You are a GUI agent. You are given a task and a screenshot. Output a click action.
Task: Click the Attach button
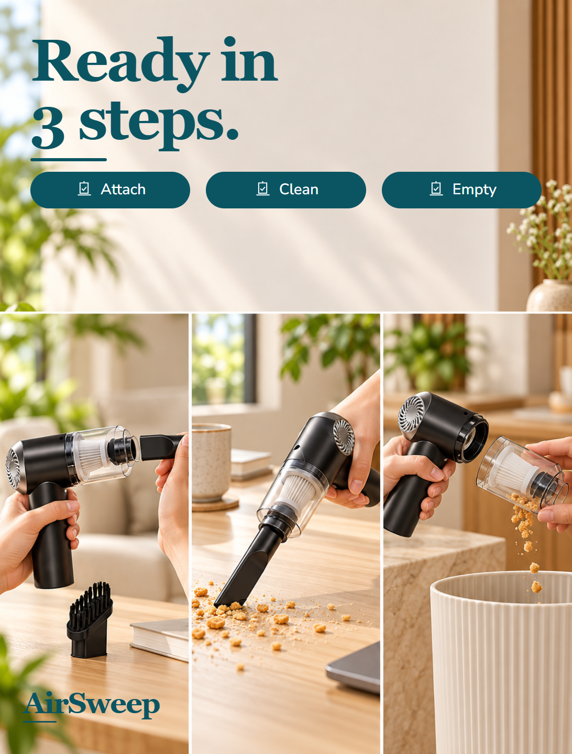click(x=110, y=190)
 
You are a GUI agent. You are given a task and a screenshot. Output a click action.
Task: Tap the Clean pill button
click(x=286, y=190)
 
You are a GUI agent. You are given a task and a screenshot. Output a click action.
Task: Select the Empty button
click(x=461, y=190)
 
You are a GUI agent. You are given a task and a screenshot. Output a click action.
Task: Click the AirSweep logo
click(x=91, y=705)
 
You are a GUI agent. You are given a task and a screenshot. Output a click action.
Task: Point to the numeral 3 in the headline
click(x=48, y=127)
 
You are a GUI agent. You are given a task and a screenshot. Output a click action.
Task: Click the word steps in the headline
click(x=159, y=125)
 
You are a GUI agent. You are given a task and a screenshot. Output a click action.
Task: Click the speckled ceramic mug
click(x=211, y=462)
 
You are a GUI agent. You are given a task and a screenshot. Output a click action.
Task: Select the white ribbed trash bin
click(x=501, y=663)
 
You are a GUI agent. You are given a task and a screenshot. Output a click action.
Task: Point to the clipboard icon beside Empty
click(x=436, y=188)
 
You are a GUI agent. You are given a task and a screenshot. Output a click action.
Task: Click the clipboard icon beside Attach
click(x=84, y=188)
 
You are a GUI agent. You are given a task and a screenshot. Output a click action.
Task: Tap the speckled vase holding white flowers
click(x=549, y=295)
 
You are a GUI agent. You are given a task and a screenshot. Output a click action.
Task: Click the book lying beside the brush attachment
click(x=159, y=641)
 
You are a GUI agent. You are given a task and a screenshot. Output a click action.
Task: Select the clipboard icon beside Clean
click(x=263, y=188)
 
